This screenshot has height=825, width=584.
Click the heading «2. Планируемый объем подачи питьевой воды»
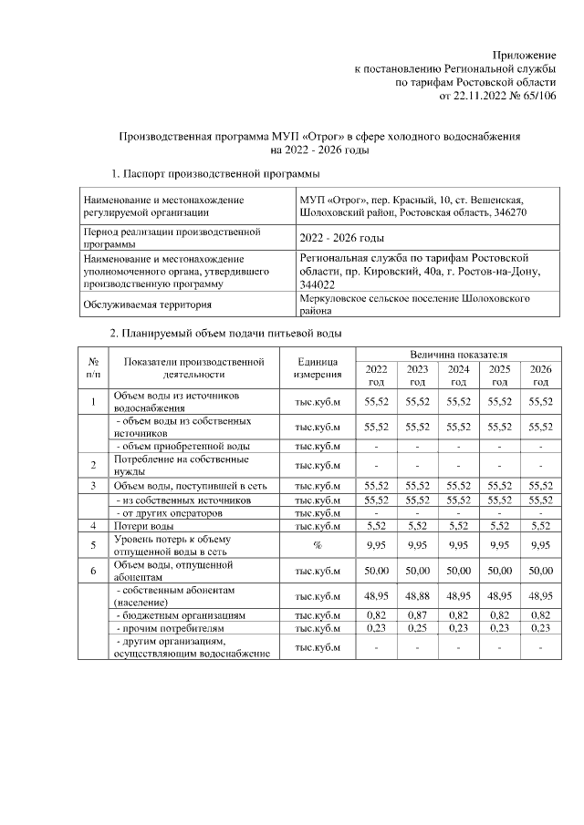pyautogui.click(x=225, y=333)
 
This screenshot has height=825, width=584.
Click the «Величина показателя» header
pyautogui.click(x=458, y=353)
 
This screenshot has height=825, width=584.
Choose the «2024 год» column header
pyautogui.click(x=458, y=375)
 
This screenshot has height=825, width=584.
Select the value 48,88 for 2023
pyautogui.click(x=417, y=595)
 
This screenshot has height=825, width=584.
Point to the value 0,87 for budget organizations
pyautogui.click(x=417, y=615)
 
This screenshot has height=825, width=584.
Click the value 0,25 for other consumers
pyautogui.click(x=417, y=628)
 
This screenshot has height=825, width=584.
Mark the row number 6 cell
pyautogui.click(x=93, y=571)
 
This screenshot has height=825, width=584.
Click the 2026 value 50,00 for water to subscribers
pyautogui.click(x=540, y=571)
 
